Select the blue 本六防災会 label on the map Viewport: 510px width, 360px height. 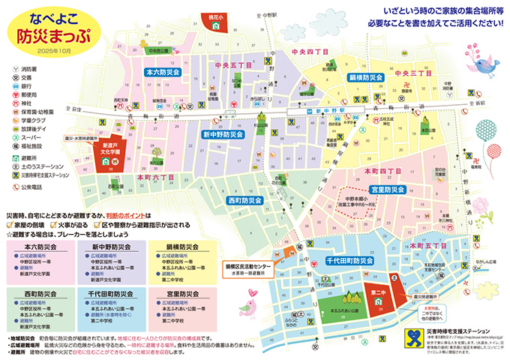tap(162, 73)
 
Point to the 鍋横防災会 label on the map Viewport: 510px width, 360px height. tap(366, 77)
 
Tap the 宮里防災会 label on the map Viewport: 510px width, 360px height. tap(388, 190)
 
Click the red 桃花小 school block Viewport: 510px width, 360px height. tap(217, 22)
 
